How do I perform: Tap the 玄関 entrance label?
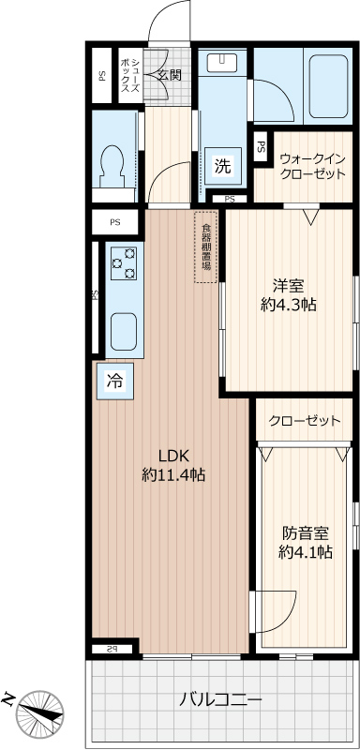(x=170, y=76)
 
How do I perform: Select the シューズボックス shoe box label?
(x=130, y=76)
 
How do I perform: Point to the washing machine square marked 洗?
(x=223, y=166)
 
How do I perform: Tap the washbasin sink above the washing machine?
(x=222, y=61)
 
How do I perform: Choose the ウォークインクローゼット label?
(x=312, y=166)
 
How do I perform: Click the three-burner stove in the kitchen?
(x=124, y=263)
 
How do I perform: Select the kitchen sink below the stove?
(x=124, y=332)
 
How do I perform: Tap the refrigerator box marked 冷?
(x=114, y=382)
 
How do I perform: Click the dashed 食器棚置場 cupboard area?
(x=206, y=247)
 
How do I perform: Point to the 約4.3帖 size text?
(x=289, y=305)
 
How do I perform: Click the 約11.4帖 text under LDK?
(x=173, y=474)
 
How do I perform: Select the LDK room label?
(x=173, y=455)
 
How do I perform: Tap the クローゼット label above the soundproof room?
(x=305, y=420)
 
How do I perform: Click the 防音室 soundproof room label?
(x=306, y=532)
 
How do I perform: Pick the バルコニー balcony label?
(x=221, y=701)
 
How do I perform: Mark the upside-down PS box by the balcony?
(x=112, y=649)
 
